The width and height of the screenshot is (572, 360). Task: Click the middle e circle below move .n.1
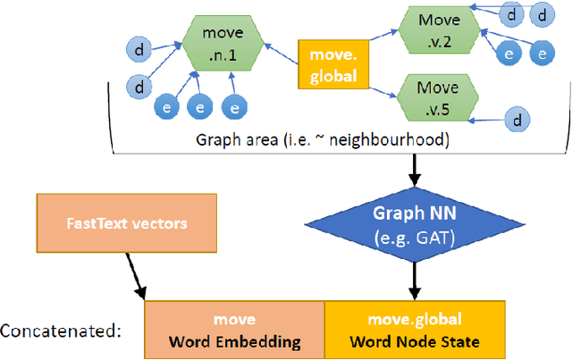[200, 108]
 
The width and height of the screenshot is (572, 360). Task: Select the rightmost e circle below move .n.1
[235, 108]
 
